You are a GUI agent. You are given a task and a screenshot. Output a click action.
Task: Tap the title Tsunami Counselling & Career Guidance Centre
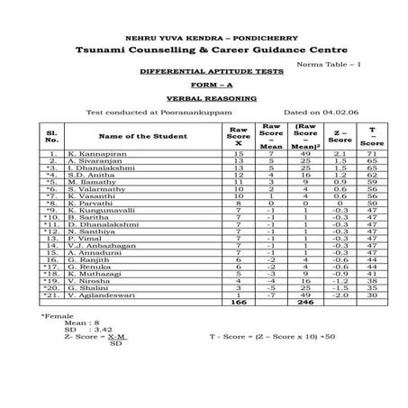[204, 56]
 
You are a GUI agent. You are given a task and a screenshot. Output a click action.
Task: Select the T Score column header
[371, 136]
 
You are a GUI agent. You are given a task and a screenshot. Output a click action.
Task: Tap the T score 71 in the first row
[371, 155]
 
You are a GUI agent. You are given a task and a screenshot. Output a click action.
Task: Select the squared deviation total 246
[304, 303]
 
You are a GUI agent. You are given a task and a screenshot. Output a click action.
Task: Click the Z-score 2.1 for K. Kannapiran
[340, 155]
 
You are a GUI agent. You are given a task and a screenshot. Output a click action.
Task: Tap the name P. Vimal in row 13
[88, 238]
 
